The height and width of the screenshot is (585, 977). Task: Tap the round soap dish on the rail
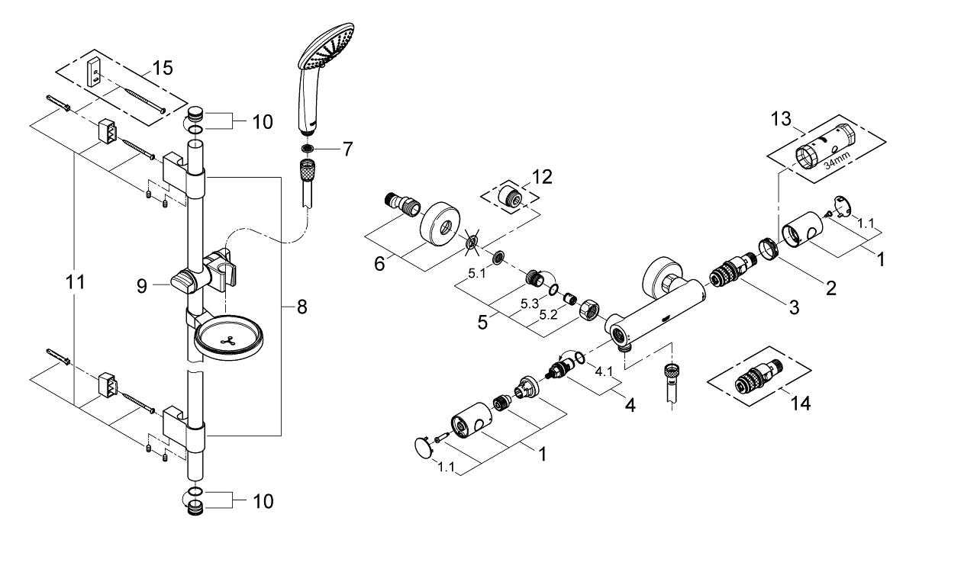tap(228, 338)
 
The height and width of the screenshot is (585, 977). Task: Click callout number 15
tap(163, 68)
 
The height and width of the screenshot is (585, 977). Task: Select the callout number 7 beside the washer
tap(347, 149)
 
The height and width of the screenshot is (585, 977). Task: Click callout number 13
tap(781, 118)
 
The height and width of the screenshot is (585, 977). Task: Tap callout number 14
tap(801, 403)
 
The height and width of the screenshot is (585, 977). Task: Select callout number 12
tap(542, 177)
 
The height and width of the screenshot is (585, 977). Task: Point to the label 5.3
tap(530, 304)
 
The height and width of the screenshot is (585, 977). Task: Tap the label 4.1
tap(604, 371)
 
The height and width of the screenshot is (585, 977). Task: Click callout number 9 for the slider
tap(142, 286)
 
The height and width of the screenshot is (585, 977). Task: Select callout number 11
tap(75, 282)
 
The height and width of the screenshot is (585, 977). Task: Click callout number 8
tap(301, 307)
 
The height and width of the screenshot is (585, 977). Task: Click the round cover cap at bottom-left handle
tap(423, 448)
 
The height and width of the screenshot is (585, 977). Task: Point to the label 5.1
tap(477, 274)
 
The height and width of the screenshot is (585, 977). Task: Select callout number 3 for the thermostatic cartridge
tap(794, 307)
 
